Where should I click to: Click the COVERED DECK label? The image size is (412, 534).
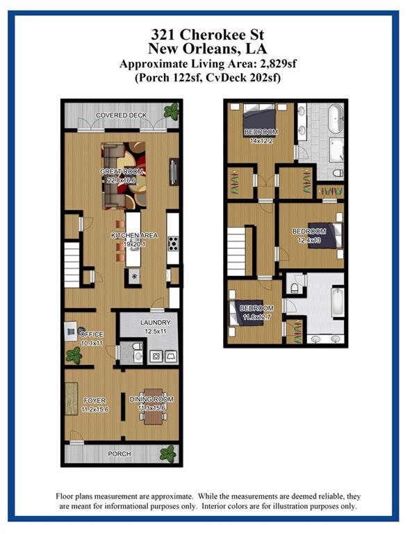point(121,115)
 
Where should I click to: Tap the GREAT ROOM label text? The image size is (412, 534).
point(121,172)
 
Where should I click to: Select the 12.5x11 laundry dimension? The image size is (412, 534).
point(156,331)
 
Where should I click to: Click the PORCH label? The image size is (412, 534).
point(120,453)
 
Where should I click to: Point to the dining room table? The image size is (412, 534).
point(153,407)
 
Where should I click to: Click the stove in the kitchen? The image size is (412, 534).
point(173,243)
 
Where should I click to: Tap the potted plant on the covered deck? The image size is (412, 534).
point(171,111)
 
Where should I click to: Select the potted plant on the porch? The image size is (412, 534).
point(168,454)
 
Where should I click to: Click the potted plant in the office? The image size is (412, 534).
point(74,356)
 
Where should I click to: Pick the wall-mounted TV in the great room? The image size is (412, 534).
point(174,172)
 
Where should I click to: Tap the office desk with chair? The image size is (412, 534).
point(72,332)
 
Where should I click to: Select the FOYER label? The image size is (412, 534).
point(94,400)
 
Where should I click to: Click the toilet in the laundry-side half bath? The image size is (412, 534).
point(138,346)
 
